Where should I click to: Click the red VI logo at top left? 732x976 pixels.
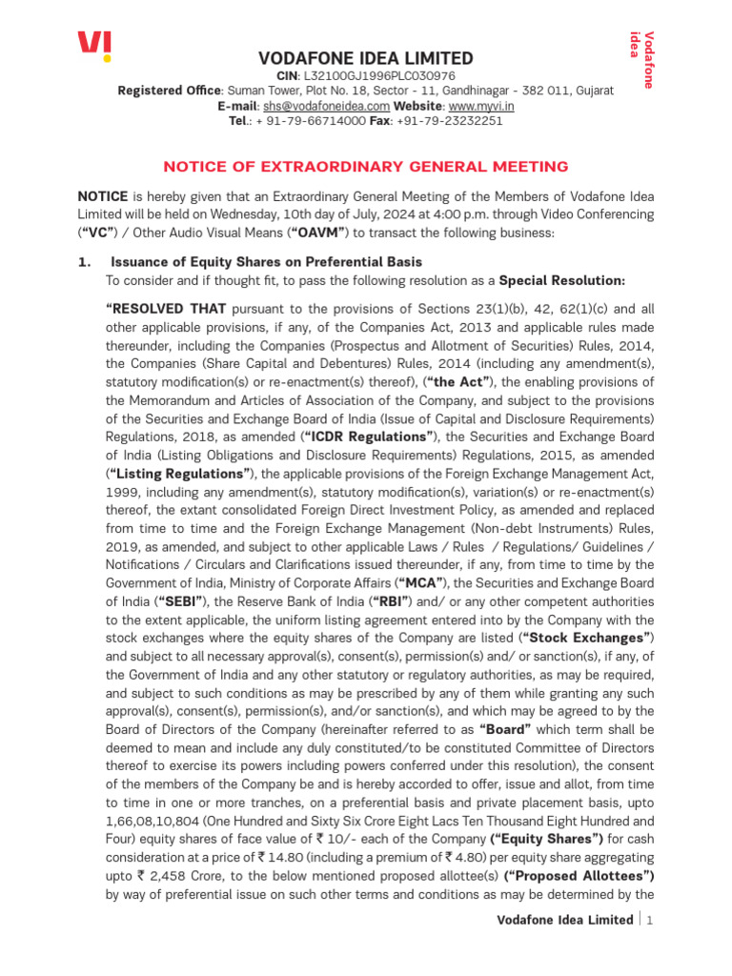coord(93,45)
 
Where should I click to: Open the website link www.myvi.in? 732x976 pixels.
coord(481,106)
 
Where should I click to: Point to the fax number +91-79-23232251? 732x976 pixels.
coord(449,121)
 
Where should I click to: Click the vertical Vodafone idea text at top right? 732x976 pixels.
coord(642,59)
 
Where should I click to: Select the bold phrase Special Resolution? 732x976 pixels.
coord(562,281)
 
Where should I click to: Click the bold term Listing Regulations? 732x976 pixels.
coord(180,473)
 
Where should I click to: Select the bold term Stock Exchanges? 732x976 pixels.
coord(586,637)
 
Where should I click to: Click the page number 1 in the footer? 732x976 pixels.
coord(650,920)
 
